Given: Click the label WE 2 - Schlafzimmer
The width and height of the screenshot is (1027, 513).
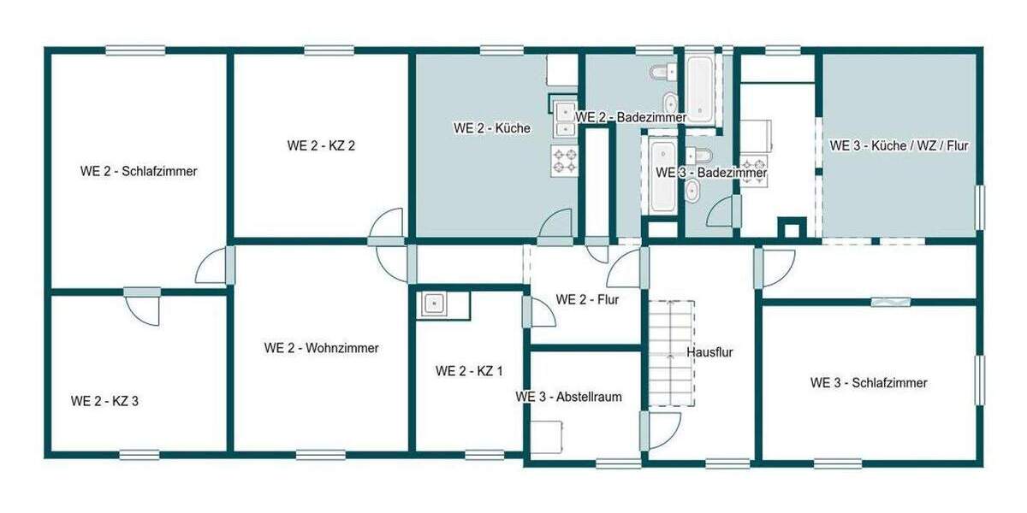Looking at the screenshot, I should [139, 171].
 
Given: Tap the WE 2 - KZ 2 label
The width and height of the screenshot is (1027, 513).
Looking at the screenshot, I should [321, 145].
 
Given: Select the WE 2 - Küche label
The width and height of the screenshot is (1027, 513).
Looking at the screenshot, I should [492, 128].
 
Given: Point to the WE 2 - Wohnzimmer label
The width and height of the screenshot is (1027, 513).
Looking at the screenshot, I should [321, 348].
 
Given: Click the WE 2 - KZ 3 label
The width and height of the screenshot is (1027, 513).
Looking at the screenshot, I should [104, 400].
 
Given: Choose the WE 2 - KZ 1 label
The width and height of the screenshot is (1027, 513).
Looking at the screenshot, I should [469, 371].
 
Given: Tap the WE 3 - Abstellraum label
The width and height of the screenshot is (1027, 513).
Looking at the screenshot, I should [568, 397].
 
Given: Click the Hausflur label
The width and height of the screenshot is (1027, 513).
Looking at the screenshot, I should [709, 351].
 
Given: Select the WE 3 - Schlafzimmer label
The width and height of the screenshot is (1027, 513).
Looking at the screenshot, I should [869, 383].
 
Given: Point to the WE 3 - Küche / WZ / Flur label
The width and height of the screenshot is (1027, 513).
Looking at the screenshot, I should [899, 146].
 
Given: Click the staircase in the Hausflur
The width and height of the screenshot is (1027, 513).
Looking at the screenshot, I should [670, 352].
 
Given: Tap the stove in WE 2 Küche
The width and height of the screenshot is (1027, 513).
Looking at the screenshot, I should [564, 160].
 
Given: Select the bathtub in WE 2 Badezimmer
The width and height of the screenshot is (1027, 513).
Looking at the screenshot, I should [698, 87].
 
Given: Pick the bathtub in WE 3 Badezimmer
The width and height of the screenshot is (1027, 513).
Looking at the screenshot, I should [662, 177].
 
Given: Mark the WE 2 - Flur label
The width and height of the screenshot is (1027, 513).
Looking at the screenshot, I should [587, 299].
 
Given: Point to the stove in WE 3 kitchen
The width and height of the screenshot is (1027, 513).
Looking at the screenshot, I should [753, 164].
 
